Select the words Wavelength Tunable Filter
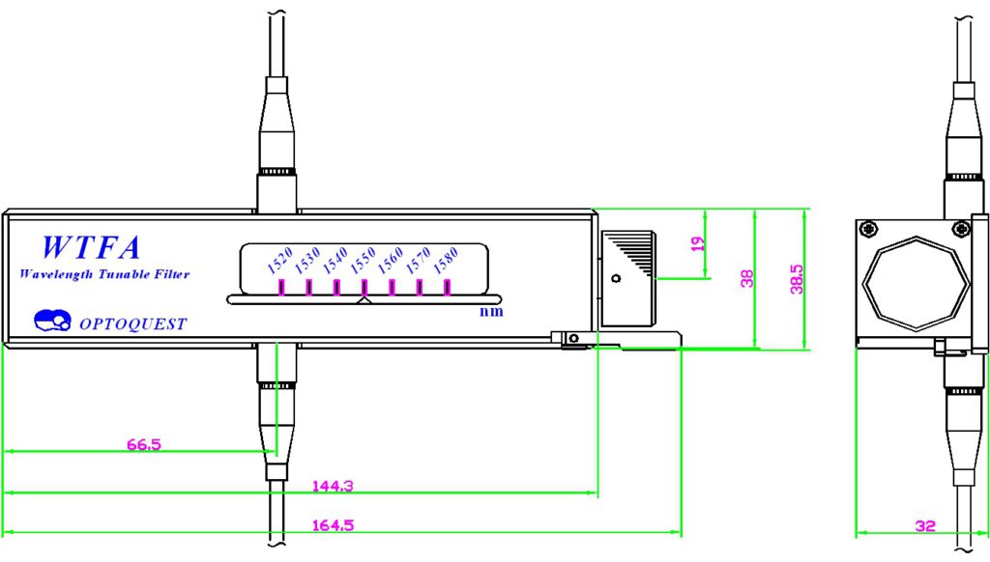tap(104, 274)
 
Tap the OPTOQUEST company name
tap(133, 324)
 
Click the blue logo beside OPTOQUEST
tap(52, 320)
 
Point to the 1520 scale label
tap(279, 260)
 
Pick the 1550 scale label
tap(364, 260)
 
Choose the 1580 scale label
tap(446, 260)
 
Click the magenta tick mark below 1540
tap(336, 288)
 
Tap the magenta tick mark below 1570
tap(420, 288)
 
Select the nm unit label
tap(491, 311)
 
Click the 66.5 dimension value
tap(144, 444)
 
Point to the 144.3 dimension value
tap(333, 486)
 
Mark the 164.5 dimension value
tap(333, 524)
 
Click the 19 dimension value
tap(697, 243)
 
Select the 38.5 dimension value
tap(797, 279)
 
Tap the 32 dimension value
tap(925, 525)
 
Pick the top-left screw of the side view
tap(869, 228)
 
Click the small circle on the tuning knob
tap(616, 278)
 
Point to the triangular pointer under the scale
tap(364, 300)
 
